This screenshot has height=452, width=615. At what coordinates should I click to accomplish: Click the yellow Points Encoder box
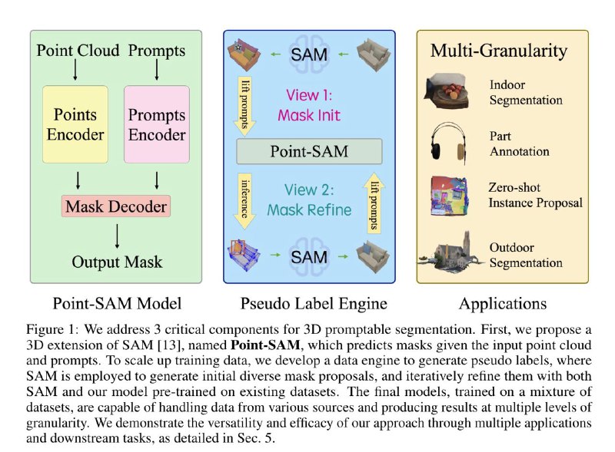75,124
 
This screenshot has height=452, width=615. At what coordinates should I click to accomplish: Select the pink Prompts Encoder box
157,124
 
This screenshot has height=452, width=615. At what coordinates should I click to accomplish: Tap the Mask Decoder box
116,206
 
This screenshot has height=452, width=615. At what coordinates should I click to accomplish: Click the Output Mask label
117,262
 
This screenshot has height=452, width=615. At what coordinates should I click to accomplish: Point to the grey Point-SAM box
309,151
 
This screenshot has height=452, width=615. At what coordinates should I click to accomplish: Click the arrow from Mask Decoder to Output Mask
117,236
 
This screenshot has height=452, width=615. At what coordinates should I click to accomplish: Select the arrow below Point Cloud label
75,71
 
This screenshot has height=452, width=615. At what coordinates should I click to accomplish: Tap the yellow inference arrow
244,201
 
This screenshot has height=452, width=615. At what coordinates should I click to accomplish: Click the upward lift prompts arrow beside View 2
374,203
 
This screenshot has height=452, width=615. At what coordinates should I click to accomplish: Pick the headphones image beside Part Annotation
448,142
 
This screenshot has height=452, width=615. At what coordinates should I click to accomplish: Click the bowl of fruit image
447,91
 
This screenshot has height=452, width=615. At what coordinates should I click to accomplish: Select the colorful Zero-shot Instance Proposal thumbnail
449,196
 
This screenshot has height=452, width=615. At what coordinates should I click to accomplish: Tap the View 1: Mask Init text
309,105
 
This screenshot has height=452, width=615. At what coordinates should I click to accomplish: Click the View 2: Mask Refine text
309,200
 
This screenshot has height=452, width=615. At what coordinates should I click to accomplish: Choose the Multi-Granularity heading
498,51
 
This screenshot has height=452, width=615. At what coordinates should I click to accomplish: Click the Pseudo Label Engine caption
314,304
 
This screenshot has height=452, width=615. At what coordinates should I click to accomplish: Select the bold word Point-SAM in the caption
265,345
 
